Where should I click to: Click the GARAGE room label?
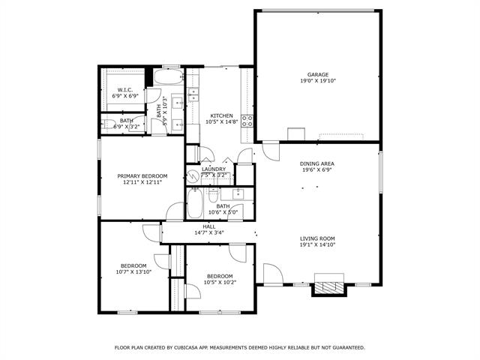click(317, 74)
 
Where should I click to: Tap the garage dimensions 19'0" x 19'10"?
click(317, 81)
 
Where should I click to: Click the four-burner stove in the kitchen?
click(246, 121)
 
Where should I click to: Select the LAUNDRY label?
click(214, 169)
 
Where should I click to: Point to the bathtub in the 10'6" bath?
click(194, 202)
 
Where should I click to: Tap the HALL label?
click(208, 226)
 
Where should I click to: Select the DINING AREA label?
click(316, 163)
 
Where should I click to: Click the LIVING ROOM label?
click(316, 238)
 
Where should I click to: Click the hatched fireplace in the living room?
click(328, 286)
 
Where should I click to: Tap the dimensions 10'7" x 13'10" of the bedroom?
click(133, 271)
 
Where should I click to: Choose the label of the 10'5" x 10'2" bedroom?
click(221, 276)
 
